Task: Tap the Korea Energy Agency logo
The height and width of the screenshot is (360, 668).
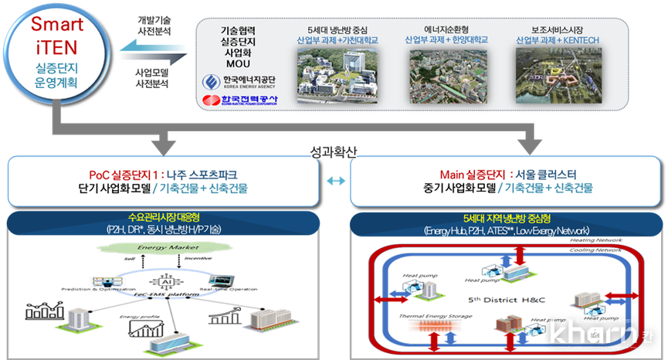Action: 236,81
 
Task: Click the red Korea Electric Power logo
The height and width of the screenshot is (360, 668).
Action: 236,100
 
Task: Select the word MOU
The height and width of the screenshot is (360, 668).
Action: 236,62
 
